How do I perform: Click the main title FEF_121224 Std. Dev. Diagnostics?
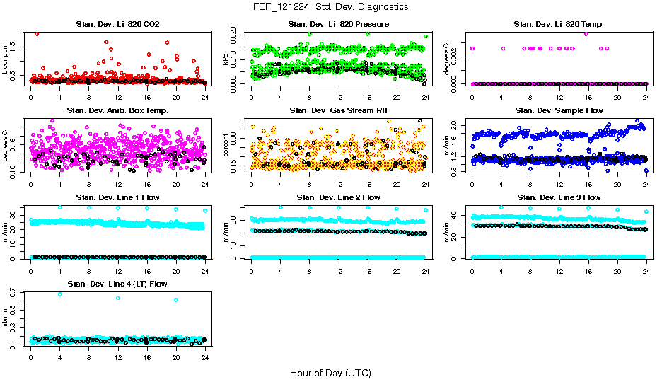(330, 7)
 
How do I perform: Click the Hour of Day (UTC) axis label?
(330, 372)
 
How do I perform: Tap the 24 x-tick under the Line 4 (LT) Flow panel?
(205, 357)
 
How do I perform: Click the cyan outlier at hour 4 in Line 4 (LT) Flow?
(59, 294)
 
